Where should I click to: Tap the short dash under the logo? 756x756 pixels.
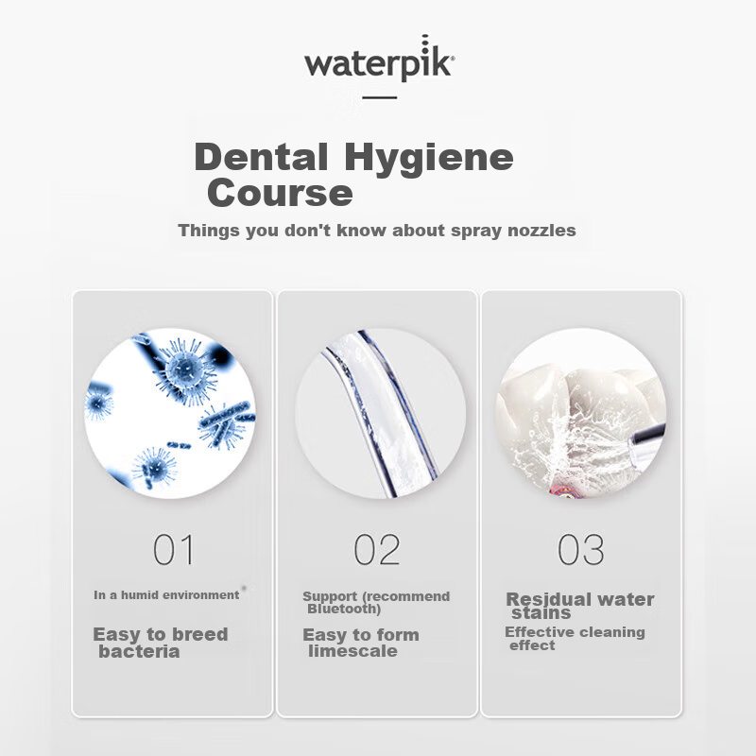379,97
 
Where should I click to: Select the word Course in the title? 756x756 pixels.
280,193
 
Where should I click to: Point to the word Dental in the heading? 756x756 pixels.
262,157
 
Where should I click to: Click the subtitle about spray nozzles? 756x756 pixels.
376,231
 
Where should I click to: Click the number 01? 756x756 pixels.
173,549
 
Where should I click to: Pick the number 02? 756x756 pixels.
377,549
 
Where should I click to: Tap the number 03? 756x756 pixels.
580,549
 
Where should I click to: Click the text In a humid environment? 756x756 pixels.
166,595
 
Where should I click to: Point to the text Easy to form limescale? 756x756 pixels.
360,643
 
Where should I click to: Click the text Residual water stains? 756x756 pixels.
578,606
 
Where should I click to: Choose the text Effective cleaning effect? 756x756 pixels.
574,639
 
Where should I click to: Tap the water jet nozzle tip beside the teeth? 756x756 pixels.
649,436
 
